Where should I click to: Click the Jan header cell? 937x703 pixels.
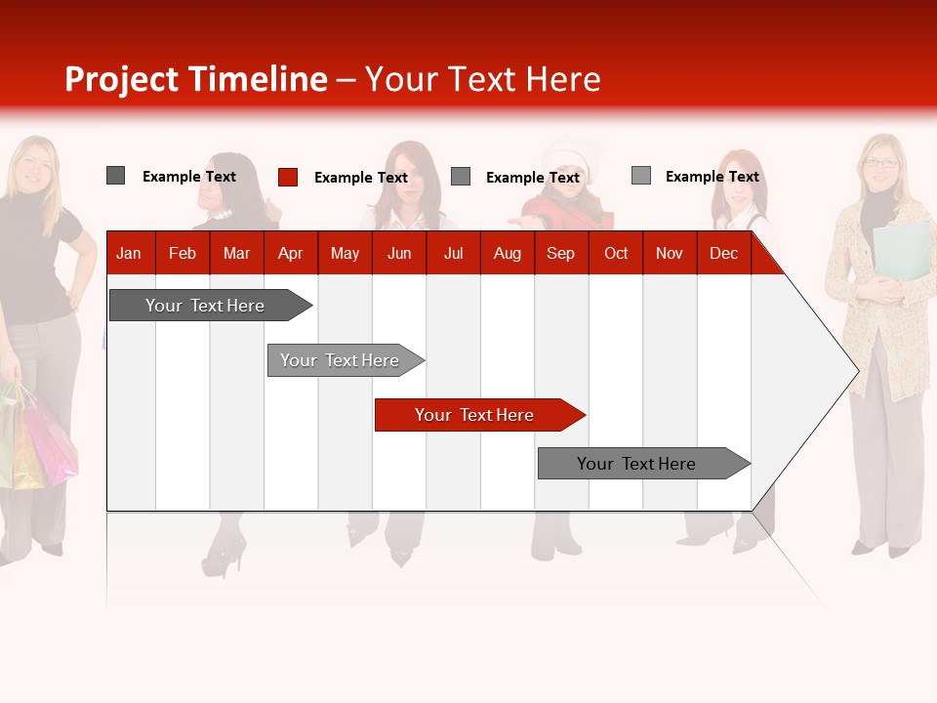pyautogui.click(x=129, y=254)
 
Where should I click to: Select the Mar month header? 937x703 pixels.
pyautogui.click(x=236, y=254)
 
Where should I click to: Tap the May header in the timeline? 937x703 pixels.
pyautogui.click(x=345, y=254)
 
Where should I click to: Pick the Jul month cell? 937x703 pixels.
pyautogui.click(x=453, y=254)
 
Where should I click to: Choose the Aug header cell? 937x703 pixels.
pyautogui.click(x=507, y=254)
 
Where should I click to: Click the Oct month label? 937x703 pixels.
pyautogui.click(x=616, y=254)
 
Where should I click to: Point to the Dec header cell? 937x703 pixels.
pyautogui.click(x=723, y=254)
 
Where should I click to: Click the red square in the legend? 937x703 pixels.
pyautogui.click(x=288, y=177)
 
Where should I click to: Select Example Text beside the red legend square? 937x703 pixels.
pyautogui.click(x=360, y=178)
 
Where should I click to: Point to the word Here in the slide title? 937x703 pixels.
pyautogui.click(x=563, y=79)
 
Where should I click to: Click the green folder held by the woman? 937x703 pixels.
pyautogui.click(x=902, y=250)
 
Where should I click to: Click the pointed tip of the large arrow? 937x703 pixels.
pyautogui.click(x=856, y=370)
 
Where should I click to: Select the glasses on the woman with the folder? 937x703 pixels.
pyautogui.click(x=881, y=163)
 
